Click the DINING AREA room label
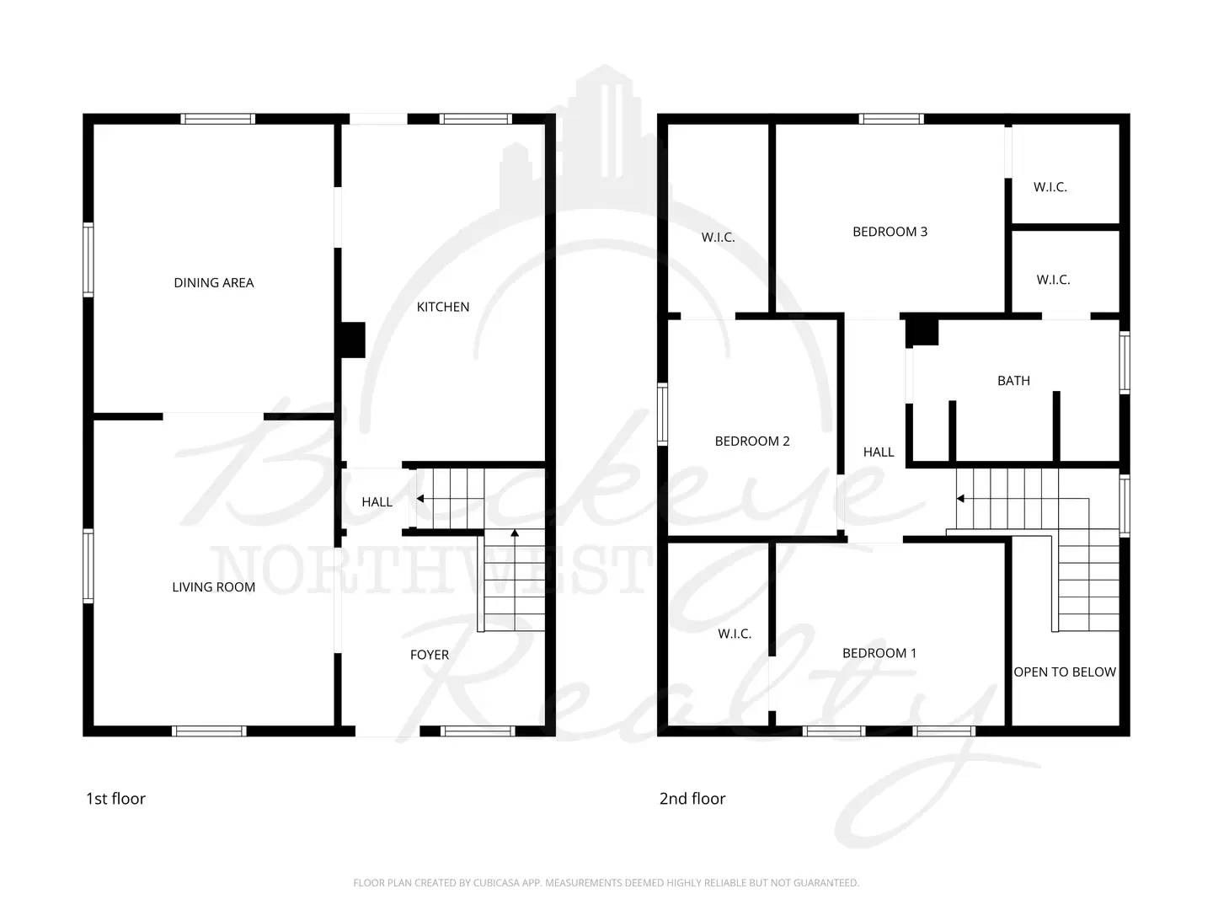coord(213,283)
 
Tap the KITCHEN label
coord(442,307)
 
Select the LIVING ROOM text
coord(213,587)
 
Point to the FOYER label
coord(429,655)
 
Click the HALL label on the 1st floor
coord(377,502)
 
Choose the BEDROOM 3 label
coord(890,232)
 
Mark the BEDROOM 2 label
coord(751,441)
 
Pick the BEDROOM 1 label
coord(879,653)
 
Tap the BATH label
coord(1013,381)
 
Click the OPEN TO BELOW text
coord(1065,672)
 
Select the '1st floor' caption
coord(115,799)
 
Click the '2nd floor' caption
coord(692,799)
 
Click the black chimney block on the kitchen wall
coord(352,340)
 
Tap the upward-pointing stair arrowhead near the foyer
coord(514,533)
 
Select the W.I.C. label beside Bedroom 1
coord(734,634)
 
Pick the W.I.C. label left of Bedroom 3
coord(718,238)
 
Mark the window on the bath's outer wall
coord(1124,362)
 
